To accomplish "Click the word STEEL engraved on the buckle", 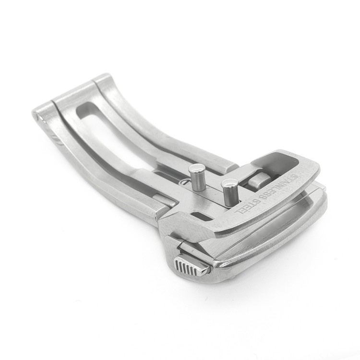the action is point(246,206).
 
